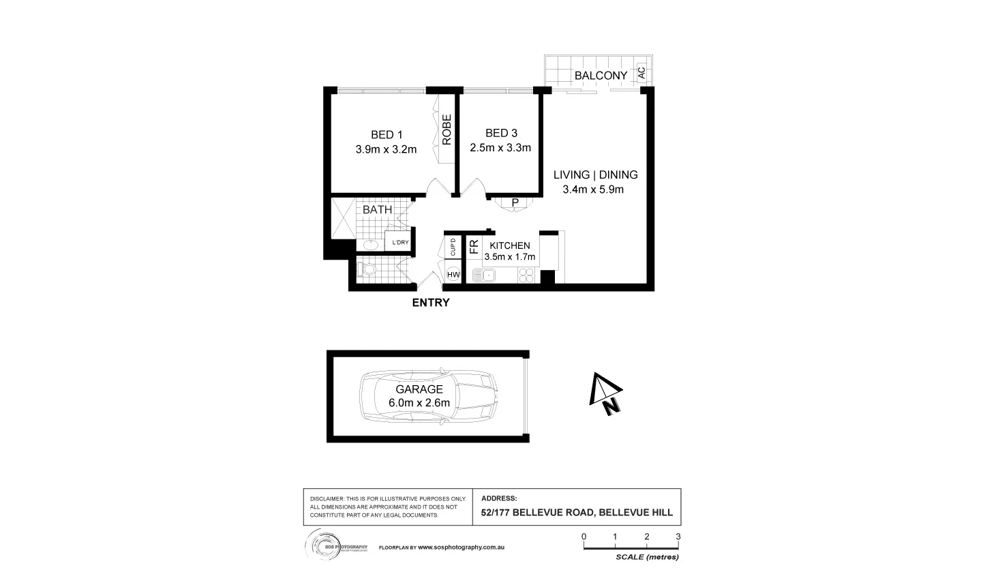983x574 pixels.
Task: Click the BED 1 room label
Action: click(386, 134)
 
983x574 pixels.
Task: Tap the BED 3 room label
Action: click(500, 133)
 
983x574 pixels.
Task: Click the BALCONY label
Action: click(601, 75)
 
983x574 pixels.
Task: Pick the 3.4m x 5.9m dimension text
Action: click(593, 190)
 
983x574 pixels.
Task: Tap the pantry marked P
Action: click(515, 202)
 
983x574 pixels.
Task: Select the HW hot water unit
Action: click(453, 275)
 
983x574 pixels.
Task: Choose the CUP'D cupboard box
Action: click(453, 247)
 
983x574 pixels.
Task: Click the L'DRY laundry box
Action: click(400, 242)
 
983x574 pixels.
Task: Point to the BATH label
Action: click(377, 209)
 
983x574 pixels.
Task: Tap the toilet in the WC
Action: click(369, 269)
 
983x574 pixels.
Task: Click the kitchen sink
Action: click(485, 275)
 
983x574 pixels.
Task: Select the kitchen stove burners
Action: click(528, 275)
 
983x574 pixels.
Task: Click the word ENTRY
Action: click(431, 303)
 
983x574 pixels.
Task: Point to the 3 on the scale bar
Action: click(678, 537)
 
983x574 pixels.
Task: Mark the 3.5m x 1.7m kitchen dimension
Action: click(509, 257)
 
